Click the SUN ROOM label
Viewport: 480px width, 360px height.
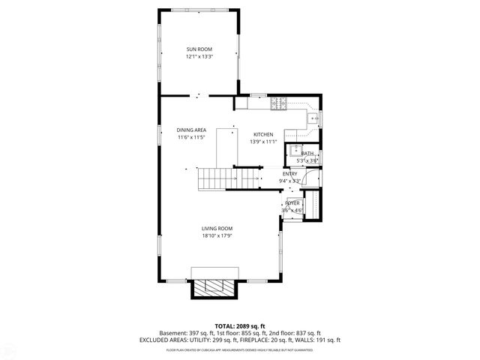pos(199,49)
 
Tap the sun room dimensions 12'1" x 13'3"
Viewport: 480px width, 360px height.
pos(199,57)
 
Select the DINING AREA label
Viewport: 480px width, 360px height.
pos(191,130)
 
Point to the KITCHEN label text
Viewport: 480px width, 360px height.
pos(263,133)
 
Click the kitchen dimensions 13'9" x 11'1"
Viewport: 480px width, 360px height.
pos(263,141)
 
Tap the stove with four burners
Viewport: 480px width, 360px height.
pos(278,105)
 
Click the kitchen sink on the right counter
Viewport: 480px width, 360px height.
pos(314,118)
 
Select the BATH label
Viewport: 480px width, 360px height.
pos(307,154)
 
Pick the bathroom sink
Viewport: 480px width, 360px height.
pos(295,148)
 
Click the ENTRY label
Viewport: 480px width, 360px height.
pos(289,174)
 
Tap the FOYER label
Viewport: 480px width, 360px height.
pos(292,203)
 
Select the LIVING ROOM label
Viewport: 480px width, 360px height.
pos(217,229)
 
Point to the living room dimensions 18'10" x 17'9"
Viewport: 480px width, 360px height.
pos(217,236)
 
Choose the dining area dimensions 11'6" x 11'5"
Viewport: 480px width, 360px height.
pos(191,137)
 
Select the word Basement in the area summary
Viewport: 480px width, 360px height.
pos(173,332)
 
